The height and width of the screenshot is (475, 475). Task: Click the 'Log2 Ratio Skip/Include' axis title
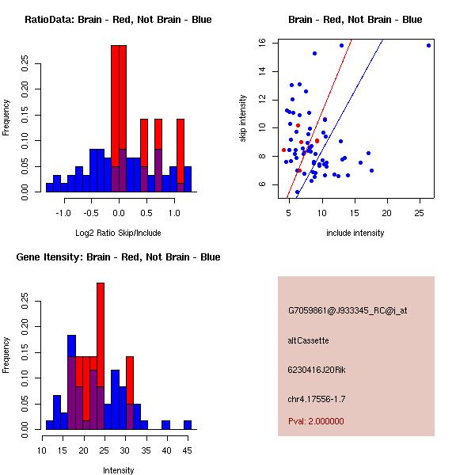coord(118,233)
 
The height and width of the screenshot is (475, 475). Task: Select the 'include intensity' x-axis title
coord(355,233)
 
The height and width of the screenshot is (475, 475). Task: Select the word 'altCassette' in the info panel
coord(308,340)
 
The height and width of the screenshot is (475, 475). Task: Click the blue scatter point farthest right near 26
coord(428,45)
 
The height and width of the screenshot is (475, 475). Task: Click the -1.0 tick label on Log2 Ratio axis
coord(64,213)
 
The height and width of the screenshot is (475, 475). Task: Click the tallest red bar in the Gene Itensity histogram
coord(101,332)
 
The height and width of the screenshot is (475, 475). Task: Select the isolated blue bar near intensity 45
coord(187,424)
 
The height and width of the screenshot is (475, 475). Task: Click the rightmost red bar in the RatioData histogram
coord(180,150)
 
